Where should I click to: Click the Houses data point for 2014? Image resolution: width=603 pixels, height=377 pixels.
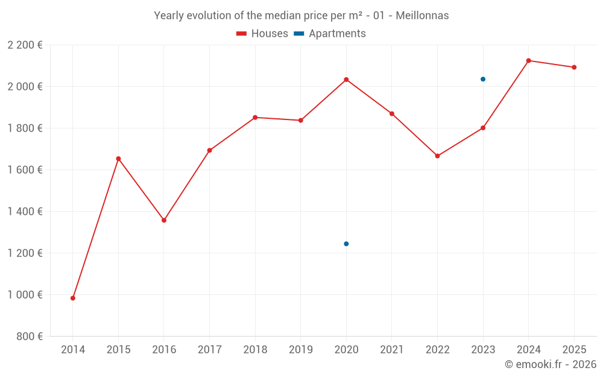click(x=73, y=298)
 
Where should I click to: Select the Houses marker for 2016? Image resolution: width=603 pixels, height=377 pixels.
click(x=164, y=220)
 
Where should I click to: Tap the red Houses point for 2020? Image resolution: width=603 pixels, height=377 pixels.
click(x=347, y=80)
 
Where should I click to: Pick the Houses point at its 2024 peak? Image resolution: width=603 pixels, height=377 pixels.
click(x=529, y=61)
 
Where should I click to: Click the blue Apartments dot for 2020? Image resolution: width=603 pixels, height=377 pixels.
click(x=347, y=244)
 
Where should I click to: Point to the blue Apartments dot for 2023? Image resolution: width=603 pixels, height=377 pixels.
click(x=483, y=79)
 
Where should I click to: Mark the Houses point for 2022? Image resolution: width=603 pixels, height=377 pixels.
click(x=438, y=156)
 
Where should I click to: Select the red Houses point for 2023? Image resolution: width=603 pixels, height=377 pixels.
click(x=483, y=128)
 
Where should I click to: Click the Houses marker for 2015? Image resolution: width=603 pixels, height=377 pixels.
click(x=118, y=159)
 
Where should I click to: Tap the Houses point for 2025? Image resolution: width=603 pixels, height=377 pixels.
click(x=574, y=68)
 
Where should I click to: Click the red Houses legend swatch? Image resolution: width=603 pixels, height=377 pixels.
click(x=242, y=34)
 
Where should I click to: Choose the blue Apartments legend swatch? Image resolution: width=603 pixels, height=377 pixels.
click(x=299, y=34)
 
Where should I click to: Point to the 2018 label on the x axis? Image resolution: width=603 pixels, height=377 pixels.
click(x=255, y=350)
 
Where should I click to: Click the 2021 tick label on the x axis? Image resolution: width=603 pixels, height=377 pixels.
click(x=392, y=350)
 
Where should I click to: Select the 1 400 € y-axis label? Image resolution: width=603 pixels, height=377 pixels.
click(x=25, y=212)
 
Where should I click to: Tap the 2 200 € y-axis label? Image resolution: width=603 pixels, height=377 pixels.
click(x=25, y=45)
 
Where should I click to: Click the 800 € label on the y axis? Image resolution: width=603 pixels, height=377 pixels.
click(x=30, y=337)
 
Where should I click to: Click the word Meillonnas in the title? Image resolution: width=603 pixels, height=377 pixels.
click(x=422, y=16)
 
